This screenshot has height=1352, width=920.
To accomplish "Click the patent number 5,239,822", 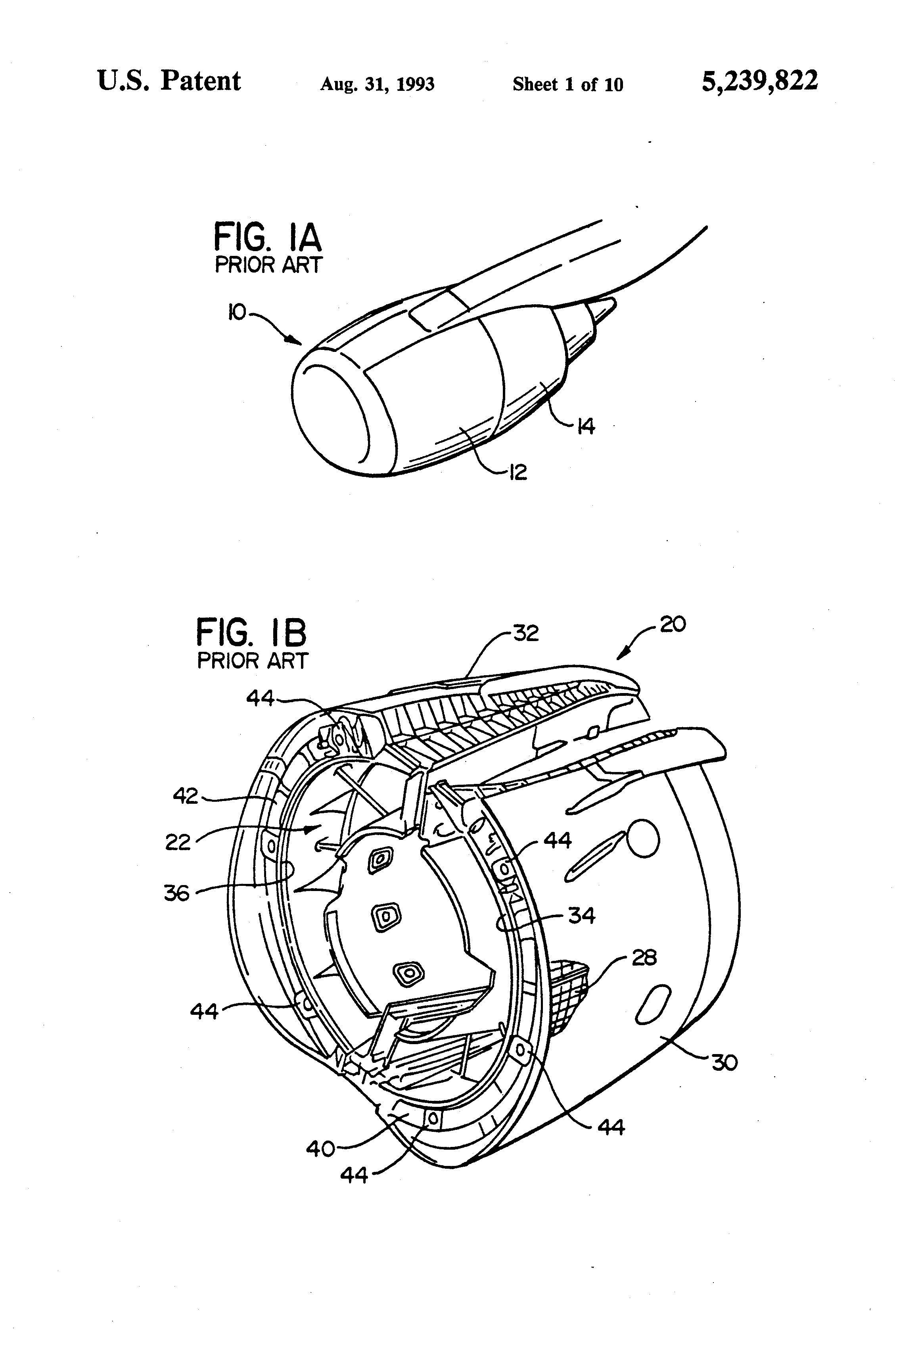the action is point(759,81).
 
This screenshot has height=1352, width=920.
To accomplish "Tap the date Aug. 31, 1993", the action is point(378,85).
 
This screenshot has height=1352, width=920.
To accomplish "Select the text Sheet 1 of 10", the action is point(567,85).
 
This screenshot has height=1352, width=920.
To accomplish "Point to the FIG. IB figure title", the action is point(251,632).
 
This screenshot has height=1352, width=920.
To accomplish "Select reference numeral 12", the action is point(517,472).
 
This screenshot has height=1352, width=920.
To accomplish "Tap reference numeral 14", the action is point(586,426).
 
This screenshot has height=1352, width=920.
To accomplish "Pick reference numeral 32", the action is point(526,633).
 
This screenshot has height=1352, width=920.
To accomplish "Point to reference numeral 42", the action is point(186,796).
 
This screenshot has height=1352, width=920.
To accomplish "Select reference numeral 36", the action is point(177,893).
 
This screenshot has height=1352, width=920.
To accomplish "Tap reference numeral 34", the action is point(581,916).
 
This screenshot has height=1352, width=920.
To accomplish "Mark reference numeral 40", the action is point(320,1148).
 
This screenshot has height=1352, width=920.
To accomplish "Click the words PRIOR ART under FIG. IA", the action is point(268,265).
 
